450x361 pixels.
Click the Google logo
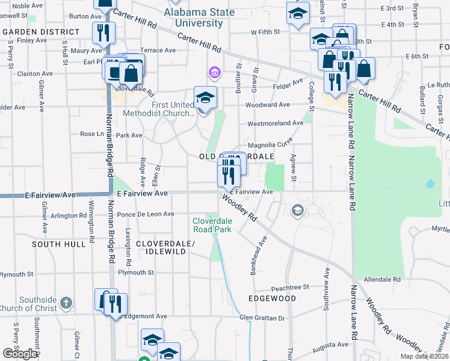pos(20,353)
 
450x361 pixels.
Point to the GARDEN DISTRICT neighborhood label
pos(40,31)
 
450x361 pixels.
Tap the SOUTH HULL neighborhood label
pos(59,244)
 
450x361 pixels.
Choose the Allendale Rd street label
pos(383,280)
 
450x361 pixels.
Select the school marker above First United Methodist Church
pos(205,97)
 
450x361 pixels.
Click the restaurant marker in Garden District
pos(103,34)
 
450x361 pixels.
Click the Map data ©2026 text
pos(425,356)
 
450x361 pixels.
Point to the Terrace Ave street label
pos(157,51)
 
